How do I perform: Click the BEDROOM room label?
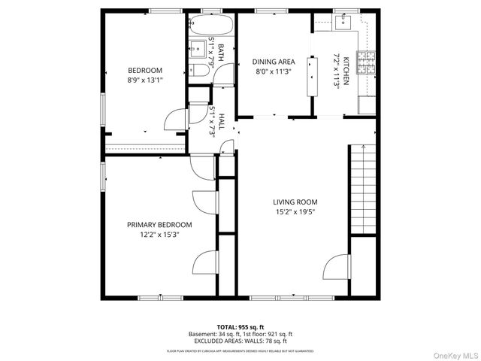pos(146,70)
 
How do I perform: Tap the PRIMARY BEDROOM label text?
pos(159,225)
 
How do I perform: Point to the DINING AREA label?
pos(274,62)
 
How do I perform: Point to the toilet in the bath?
pos(200,72)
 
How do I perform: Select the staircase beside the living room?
pos(362,188)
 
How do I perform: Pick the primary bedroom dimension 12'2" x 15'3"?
pos(159,235)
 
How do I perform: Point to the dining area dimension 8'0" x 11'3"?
pos(274,72)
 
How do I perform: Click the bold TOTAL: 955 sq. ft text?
pos(240,327)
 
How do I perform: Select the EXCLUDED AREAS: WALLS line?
pos(240,341)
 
